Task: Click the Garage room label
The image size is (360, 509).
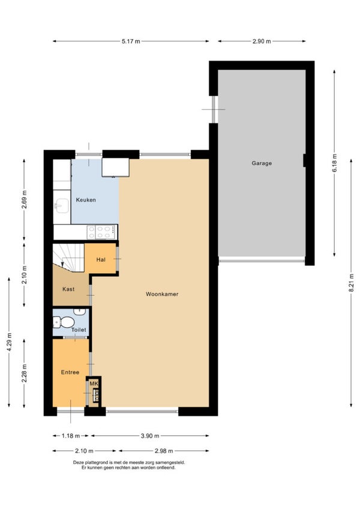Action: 262,163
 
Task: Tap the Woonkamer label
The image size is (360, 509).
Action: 162,294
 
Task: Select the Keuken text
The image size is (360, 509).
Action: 86,200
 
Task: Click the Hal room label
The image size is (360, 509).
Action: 101,260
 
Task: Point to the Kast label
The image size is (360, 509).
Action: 68,289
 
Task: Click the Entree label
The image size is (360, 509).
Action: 70,372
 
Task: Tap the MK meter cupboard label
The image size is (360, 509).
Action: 94,384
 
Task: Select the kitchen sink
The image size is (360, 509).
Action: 62,206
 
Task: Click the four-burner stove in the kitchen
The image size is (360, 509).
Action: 101,232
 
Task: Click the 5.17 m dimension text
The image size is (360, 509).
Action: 131,41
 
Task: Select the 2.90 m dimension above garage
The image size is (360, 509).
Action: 262,41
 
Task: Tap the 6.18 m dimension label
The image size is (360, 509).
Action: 334,163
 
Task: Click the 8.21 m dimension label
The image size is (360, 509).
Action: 351,283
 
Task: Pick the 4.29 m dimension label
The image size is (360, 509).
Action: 9,342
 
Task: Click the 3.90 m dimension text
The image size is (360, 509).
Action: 150,436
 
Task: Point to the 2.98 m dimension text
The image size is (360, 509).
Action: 164,451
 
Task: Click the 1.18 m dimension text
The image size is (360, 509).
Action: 71,436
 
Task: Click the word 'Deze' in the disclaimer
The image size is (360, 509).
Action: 78,463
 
